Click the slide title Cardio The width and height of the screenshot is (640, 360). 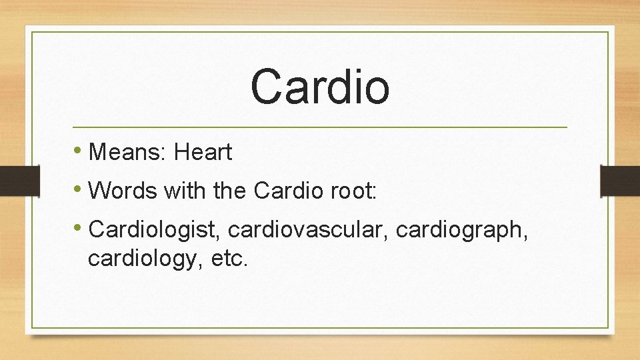(x=319, y=87)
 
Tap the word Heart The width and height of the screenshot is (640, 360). (x=203, y=153)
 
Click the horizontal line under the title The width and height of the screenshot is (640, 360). (x=319, y=127)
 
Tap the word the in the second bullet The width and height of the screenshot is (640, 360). (x=230, y=191)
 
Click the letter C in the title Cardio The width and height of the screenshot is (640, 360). (x=267, y=87)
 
